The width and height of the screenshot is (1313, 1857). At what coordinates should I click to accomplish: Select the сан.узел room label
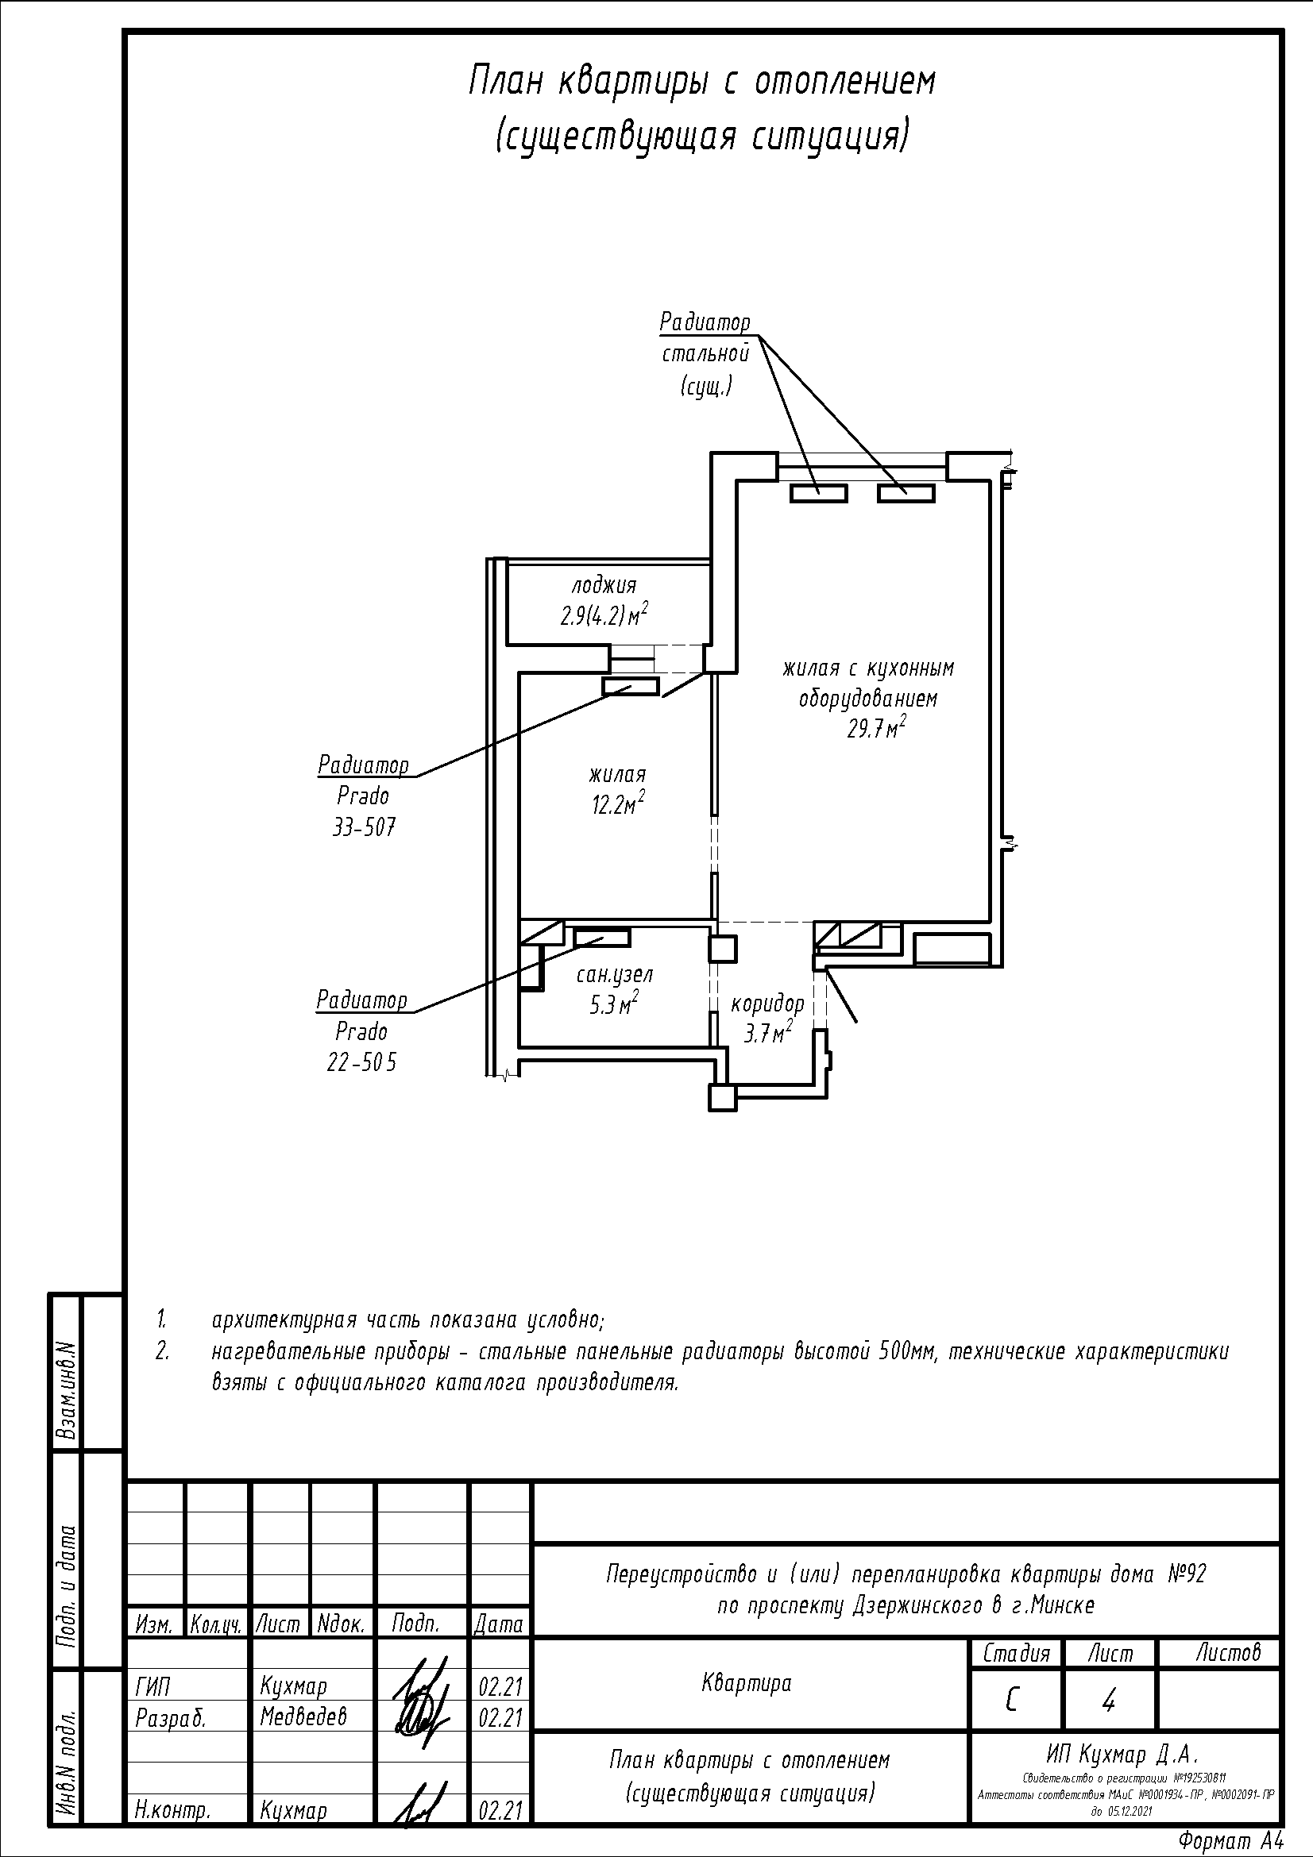pyautogui.click(x=615, y=975)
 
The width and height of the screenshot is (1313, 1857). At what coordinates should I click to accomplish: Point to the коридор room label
pyautogui.click(x=768, y=1004)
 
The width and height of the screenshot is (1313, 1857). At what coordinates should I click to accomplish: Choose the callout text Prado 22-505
pyautogui.click(x=361, y=1047)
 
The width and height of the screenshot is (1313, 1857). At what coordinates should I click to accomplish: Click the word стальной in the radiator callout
pyautogui.click(x=705, y=354)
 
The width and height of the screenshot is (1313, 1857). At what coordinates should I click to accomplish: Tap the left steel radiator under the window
pyautogui.click(x=819, y=492)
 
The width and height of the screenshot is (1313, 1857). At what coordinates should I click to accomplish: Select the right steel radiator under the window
pyautogui.click(x=906, y=492)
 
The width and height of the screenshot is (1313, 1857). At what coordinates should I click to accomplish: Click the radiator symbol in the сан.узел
pyautogui.click(x=602, y=938)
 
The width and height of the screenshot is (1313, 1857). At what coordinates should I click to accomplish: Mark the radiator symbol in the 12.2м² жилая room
pyautogui.click(x=630, y=687)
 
